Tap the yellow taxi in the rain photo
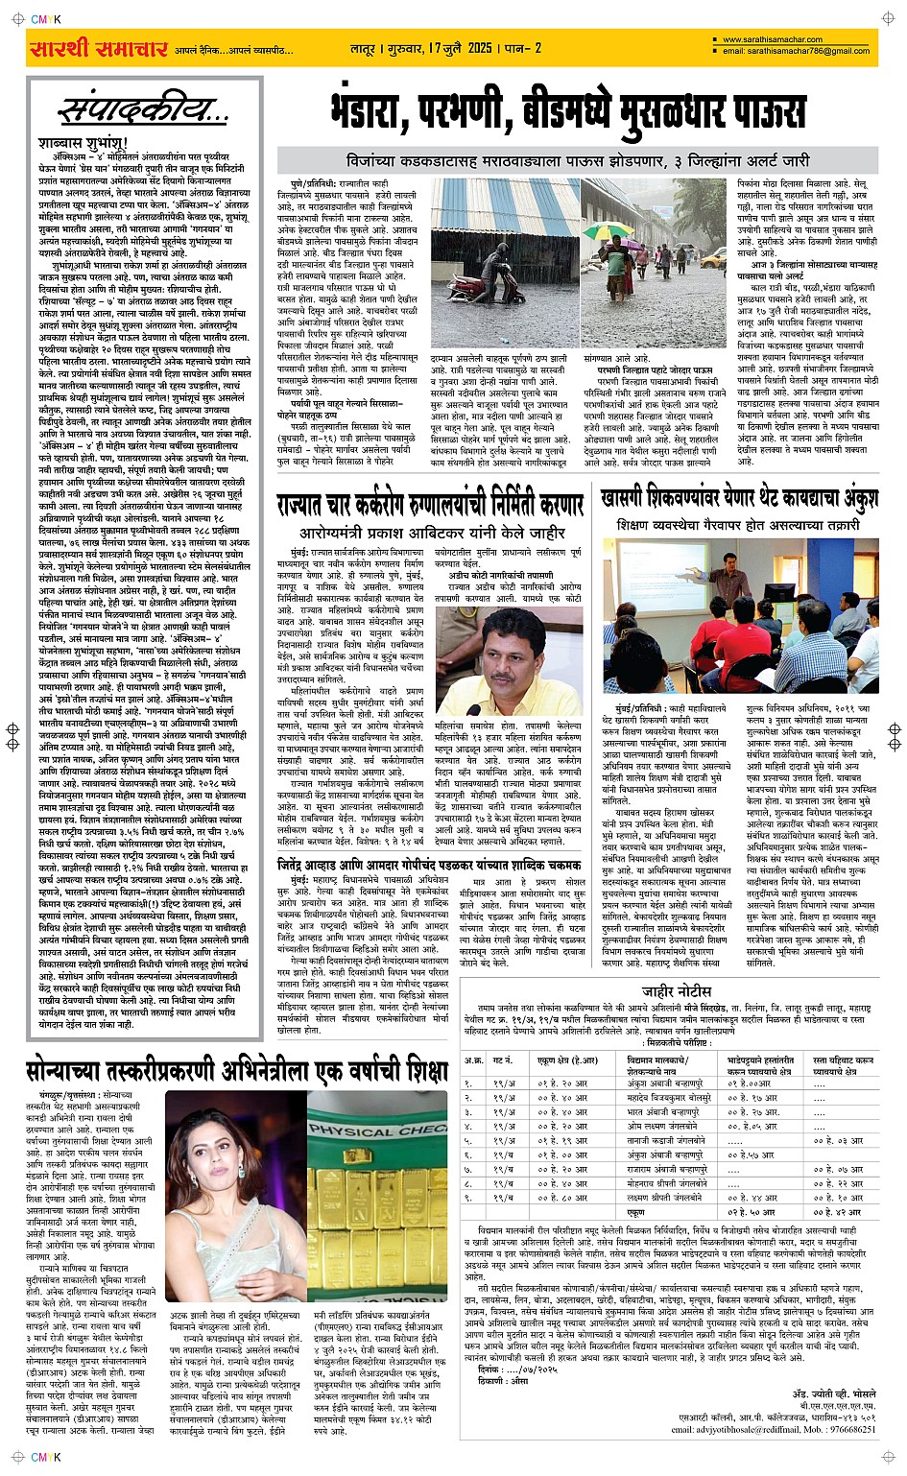pyautogui.click(x=711, y=259)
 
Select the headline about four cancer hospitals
pyautogui.click(x=429, y=505)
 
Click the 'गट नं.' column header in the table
pyautogui.click(x=503, y=1060)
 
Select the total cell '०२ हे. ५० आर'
pyautogui.click(x=751, y=1212)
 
